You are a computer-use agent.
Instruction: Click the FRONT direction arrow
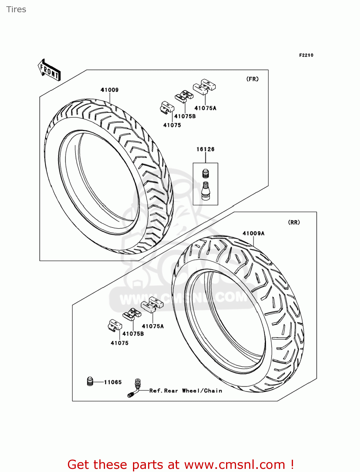point(49,70)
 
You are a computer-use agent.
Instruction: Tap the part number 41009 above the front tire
point(109,90)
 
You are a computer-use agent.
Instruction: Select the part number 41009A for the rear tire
point(253,233)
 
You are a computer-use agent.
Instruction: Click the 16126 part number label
point(205,149)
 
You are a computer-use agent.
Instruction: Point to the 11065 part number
point(113,382)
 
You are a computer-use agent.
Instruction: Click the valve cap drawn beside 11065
point(90,381)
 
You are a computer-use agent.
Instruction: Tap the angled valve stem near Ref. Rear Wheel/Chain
point(135,388)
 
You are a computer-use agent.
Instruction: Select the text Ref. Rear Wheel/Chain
point(186,391)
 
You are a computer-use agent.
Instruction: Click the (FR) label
point(252,79)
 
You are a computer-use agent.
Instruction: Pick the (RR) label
point(294,222)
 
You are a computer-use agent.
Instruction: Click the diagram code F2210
point(306,55)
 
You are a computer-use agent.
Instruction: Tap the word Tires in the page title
point(16,9)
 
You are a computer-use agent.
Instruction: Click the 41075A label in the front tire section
point(205,108)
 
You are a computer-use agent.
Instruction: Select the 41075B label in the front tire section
point(185,116)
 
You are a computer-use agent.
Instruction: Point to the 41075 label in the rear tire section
point(119,343)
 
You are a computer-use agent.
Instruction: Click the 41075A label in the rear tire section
point(153,326)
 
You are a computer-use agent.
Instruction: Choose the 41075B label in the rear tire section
point(133,334)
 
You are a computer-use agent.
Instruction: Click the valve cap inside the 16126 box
point(206,173)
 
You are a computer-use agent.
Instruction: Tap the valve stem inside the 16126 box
point(206,191)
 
